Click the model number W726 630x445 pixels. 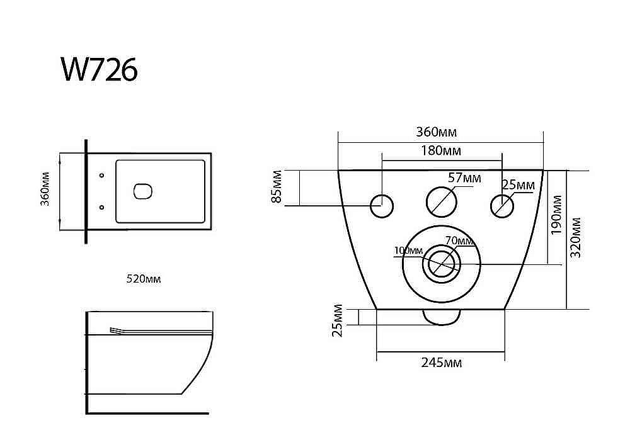pyautogui.click(x=100, y=69)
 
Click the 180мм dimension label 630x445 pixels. pyautogui.click(x=441, y=151)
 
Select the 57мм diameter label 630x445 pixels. pyautogui.click(x=464, y=177)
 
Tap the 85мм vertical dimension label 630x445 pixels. pyautogui.click(x=277, y=186)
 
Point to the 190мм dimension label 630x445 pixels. pyautogui.click(x=556, y=215)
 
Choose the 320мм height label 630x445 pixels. pyautogui.click(x=575, y=237)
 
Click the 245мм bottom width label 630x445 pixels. pyautogui.click(x=441, y=363)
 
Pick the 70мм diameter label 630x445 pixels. pyautogui.click(x=459, y=241)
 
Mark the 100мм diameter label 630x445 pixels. pyautogui.click(x=408, y=251)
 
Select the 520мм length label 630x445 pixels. pyautogui.click(x=144, y=279)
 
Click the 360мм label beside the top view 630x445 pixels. pyautogui.click(x=45, y=189)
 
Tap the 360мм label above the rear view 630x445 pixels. pyautogui.click(x=437, y=132)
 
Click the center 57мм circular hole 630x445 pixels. pyautogui.click(x=441, y=202)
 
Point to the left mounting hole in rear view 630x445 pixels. pyautogui.click(x=382, y=206)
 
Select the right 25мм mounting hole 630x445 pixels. pyautogui.click(x=502, y=206)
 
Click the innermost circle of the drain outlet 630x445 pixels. pyautogui.click(x=441, y=264)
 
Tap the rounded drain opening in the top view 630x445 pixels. pyautogui.click(x=142, y=191)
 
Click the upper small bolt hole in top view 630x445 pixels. pyautogui.click(x=101, y=176)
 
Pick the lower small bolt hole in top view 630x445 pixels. pyautogui.click(x=101, y=207)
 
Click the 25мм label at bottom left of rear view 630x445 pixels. pyautogui.click(x=338, y=320)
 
